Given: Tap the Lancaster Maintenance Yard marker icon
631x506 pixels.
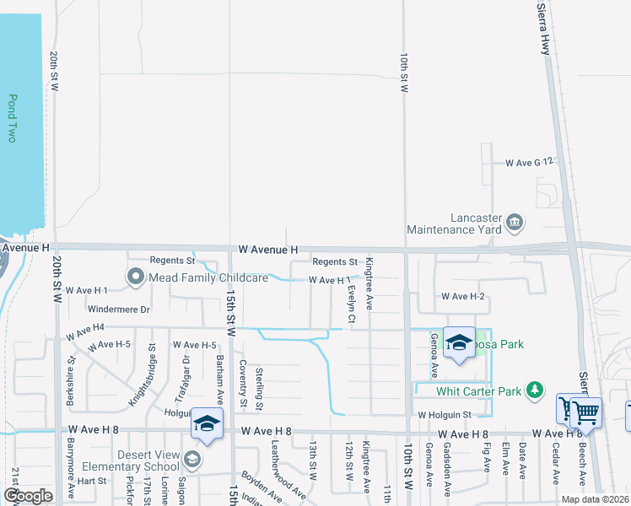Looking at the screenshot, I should coord(515,223).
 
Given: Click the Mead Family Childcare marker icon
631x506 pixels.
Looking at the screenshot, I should coord(136,277).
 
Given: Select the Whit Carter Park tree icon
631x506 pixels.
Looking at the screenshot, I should coord(533,390).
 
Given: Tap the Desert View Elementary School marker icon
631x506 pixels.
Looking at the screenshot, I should coord(193,460).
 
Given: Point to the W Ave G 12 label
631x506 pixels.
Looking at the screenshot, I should coord(529,162).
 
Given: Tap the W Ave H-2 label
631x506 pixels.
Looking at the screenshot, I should coord(463,297).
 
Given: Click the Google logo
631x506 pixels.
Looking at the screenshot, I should coord(28,496).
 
